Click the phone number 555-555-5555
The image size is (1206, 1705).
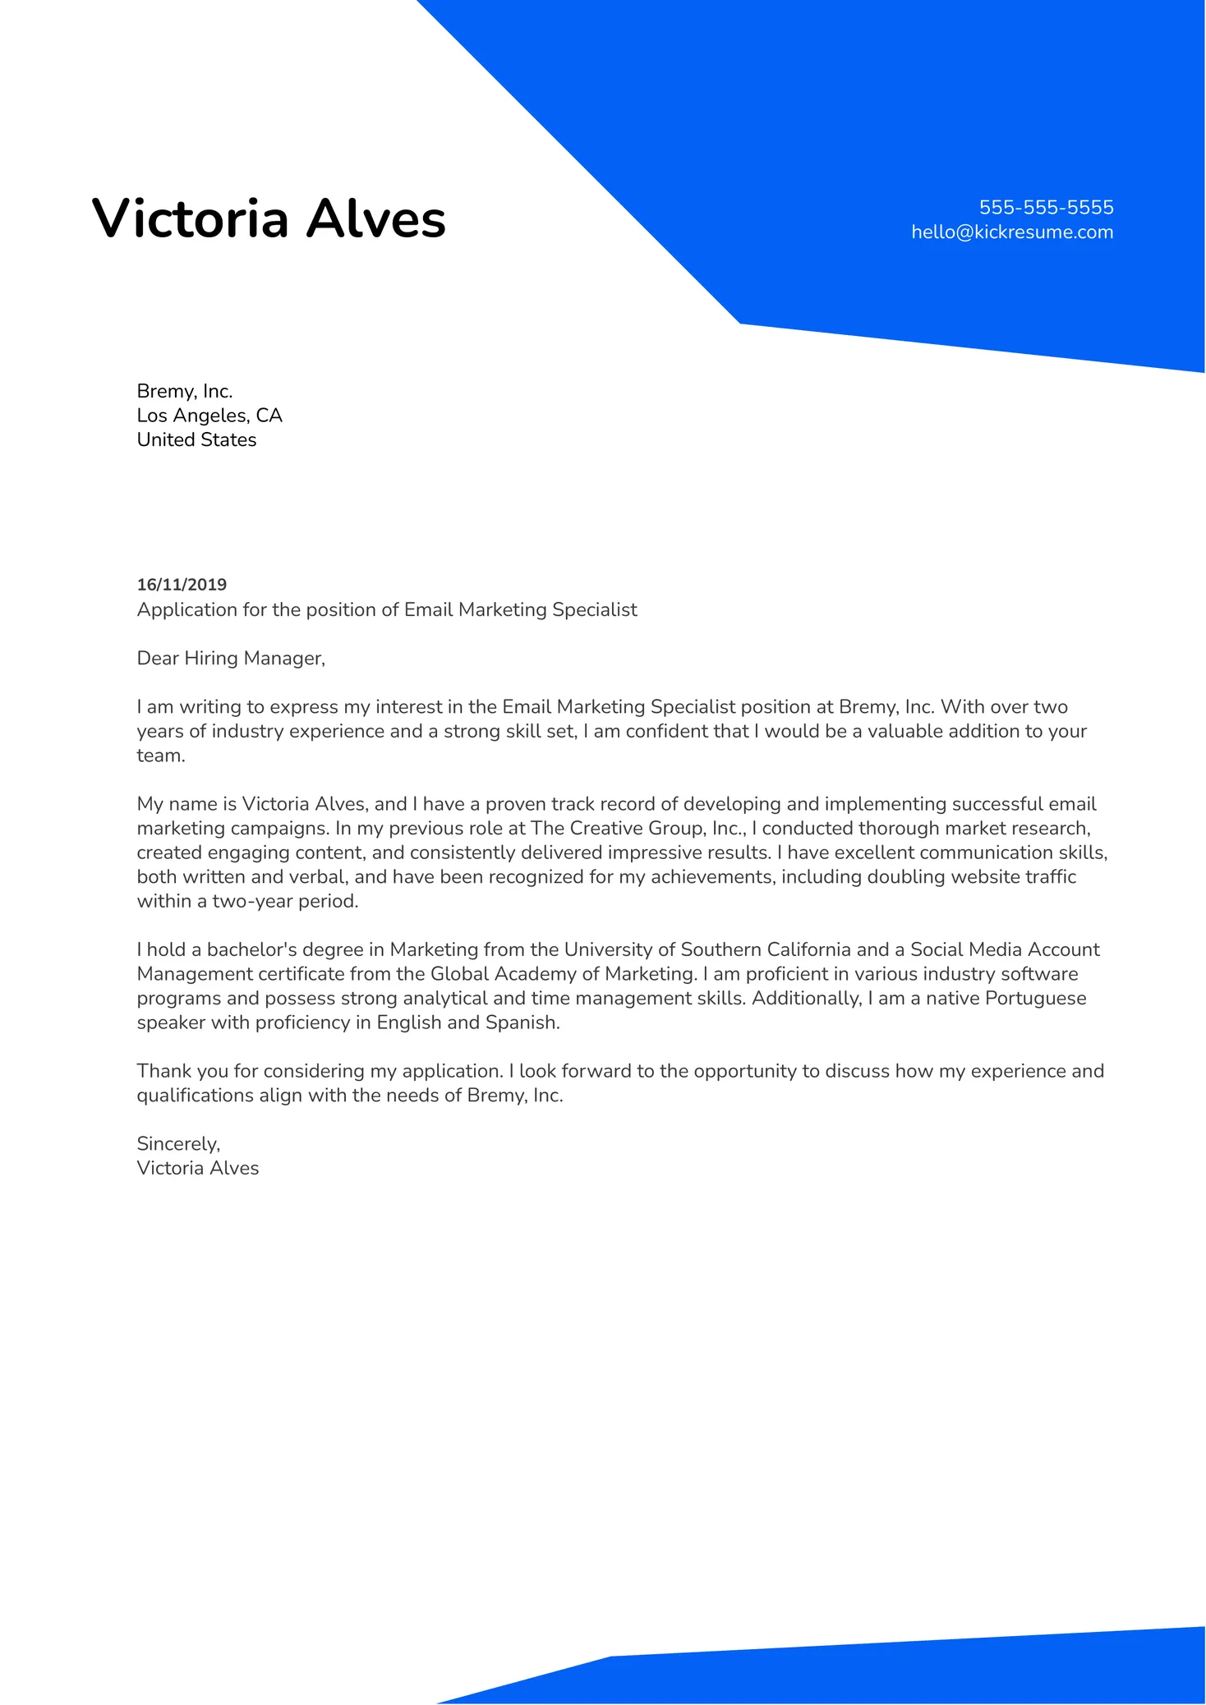click(1045, 207)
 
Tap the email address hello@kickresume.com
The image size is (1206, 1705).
click(1011, 232)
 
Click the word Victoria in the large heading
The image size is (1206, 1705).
click(190, 219)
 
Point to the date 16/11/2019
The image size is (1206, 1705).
click(182, 585)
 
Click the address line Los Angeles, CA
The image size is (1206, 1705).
click(209, 416)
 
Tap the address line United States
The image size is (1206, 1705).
click(196, 440)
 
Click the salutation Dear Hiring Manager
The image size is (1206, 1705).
click(231, 659)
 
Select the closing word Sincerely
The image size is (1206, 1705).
click(178, 1144)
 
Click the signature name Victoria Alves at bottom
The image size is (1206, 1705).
click(197, 1169)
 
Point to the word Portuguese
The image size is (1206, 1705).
click(1035, 999)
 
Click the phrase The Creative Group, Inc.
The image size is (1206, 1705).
click(638, 829)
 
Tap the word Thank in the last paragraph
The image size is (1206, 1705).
click(163, 1072)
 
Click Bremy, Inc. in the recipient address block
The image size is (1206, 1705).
click(185, 392)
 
